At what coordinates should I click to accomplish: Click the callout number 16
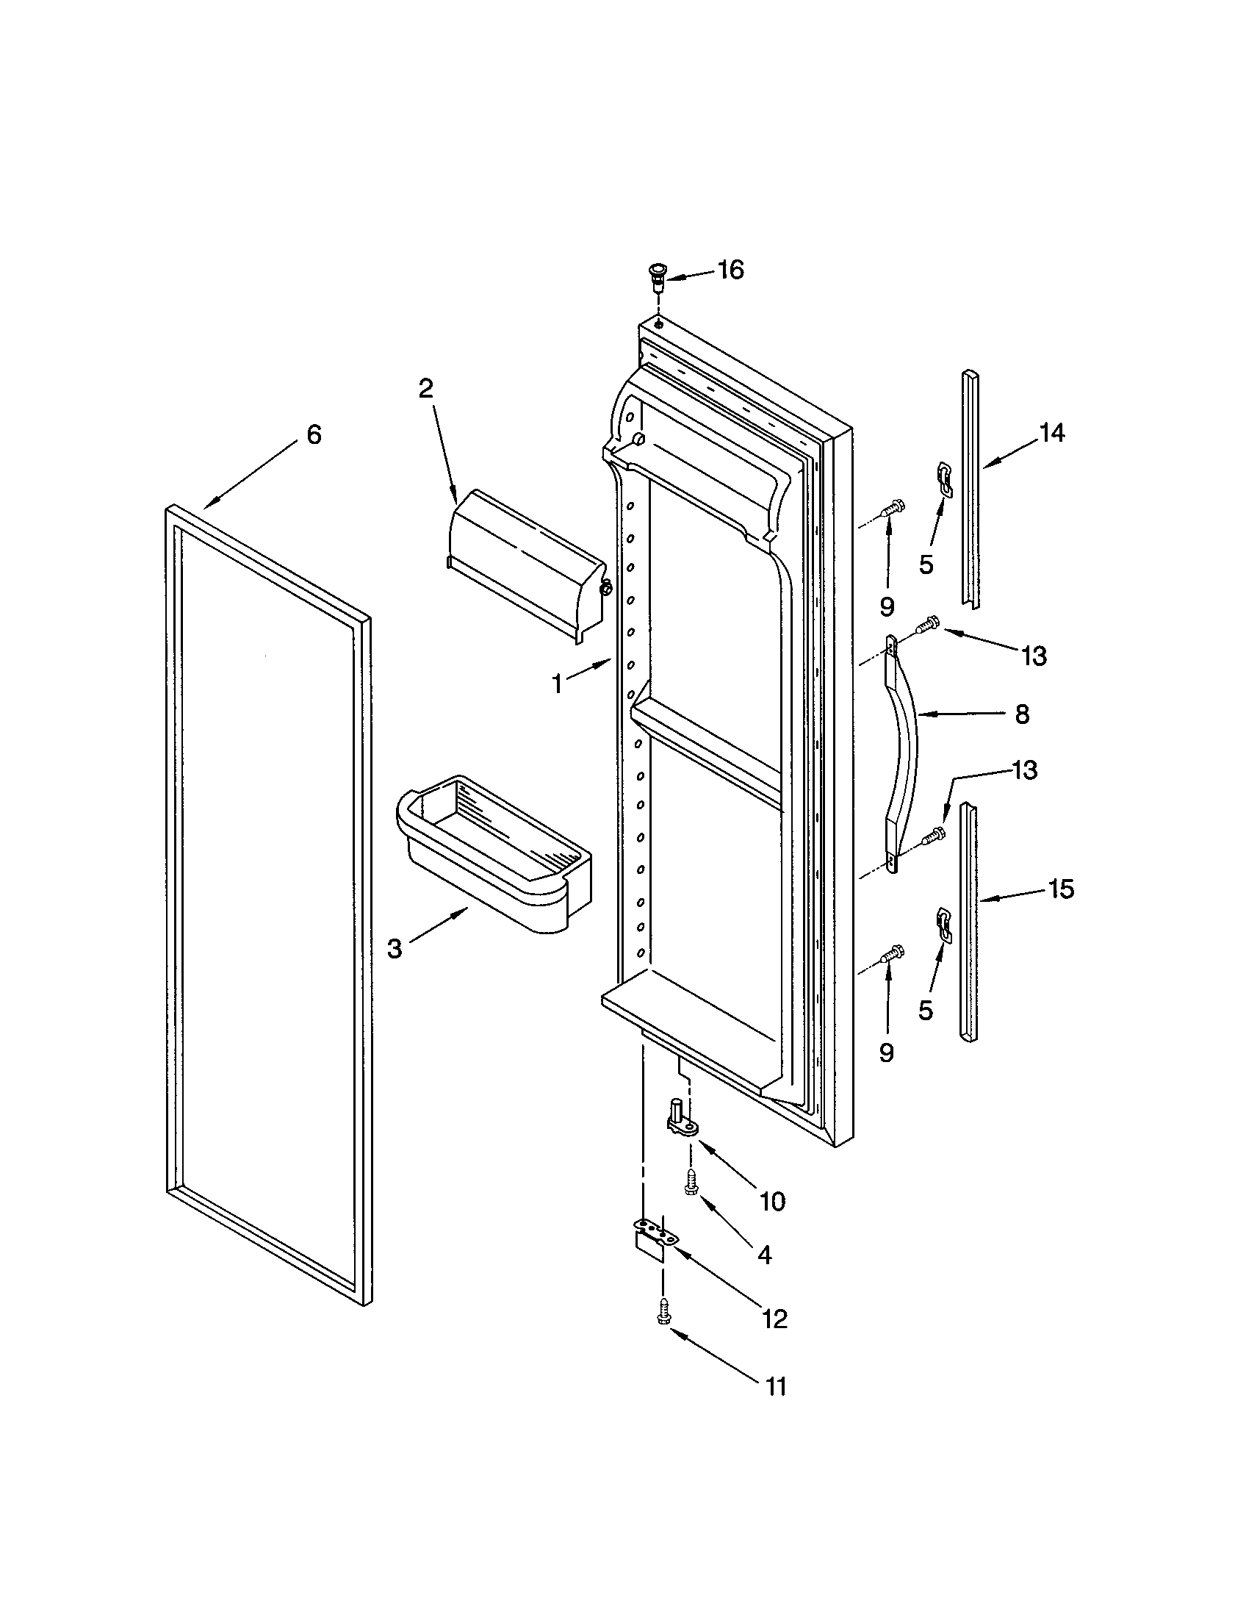(x=730, y=270)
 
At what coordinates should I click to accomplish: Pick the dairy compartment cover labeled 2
(x=525, y=564)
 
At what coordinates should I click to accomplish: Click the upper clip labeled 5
(x=945, y=478)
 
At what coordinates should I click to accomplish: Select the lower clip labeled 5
(x=943, y=924)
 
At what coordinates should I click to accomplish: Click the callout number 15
(x=1061, y=889)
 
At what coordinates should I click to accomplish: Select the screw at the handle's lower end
(x=933, y=835)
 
